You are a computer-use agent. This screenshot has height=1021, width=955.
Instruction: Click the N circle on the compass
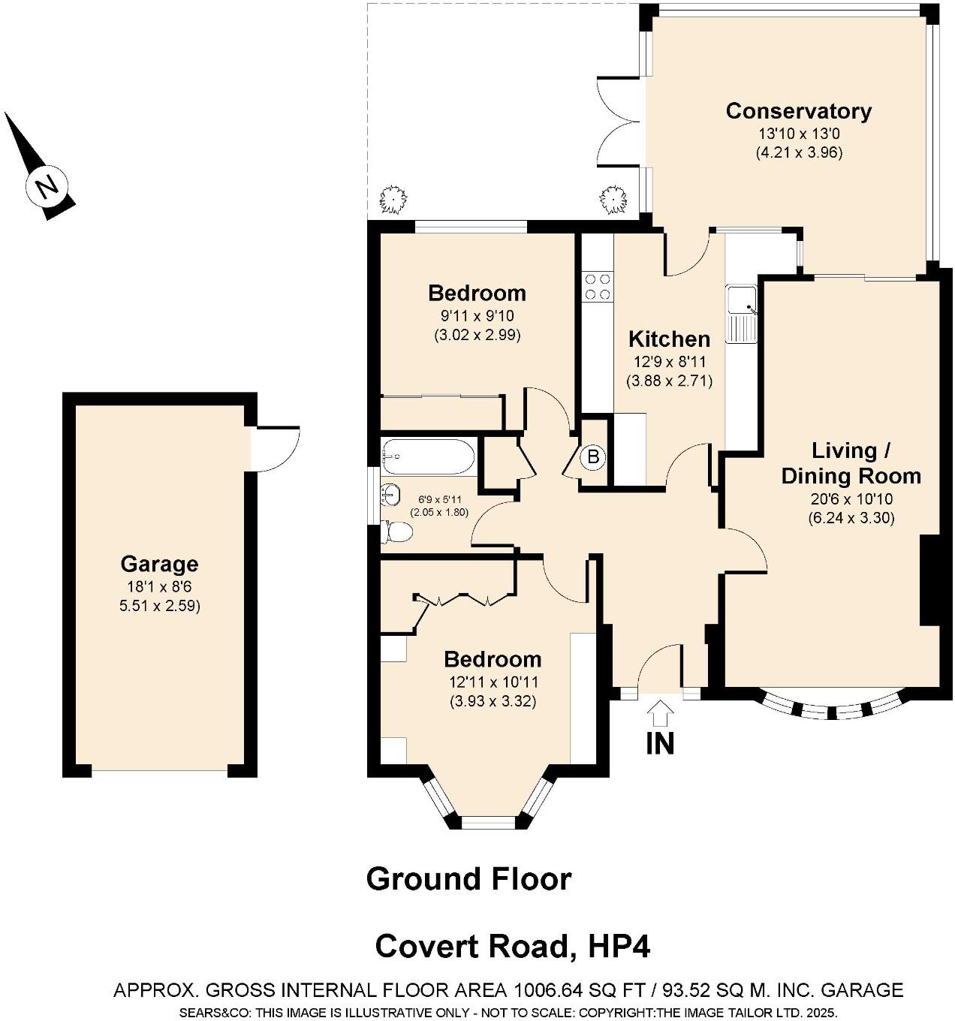pos(47,186)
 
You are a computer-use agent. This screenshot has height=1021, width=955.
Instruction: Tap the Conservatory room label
pos(798,111)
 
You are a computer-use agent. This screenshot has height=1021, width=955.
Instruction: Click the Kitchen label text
pos(669,339)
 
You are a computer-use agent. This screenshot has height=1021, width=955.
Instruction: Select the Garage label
pos(159,564)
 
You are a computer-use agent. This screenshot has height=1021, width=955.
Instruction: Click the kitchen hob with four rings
pos(598,285)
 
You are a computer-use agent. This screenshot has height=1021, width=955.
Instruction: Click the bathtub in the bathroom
pos(426,456)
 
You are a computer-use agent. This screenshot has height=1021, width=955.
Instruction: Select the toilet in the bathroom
pos(396,532)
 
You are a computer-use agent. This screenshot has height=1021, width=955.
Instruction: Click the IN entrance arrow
pos(660,712)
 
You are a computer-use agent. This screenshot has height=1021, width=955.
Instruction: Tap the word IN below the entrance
pos(660,743)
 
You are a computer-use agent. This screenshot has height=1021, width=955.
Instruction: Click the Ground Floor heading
pos(468,878)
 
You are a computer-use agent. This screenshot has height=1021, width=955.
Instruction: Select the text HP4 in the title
pos(619,946)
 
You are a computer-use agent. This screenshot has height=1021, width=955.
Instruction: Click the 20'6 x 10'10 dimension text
pos(851,499)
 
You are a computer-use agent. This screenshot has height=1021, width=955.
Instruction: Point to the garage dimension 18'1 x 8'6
pos(159,588)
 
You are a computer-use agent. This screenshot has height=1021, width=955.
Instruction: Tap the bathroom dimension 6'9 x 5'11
pos(439,499)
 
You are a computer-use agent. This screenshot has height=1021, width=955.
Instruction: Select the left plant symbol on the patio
pos(393,200)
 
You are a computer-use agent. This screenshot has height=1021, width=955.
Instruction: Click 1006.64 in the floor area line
pos(552,990)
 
